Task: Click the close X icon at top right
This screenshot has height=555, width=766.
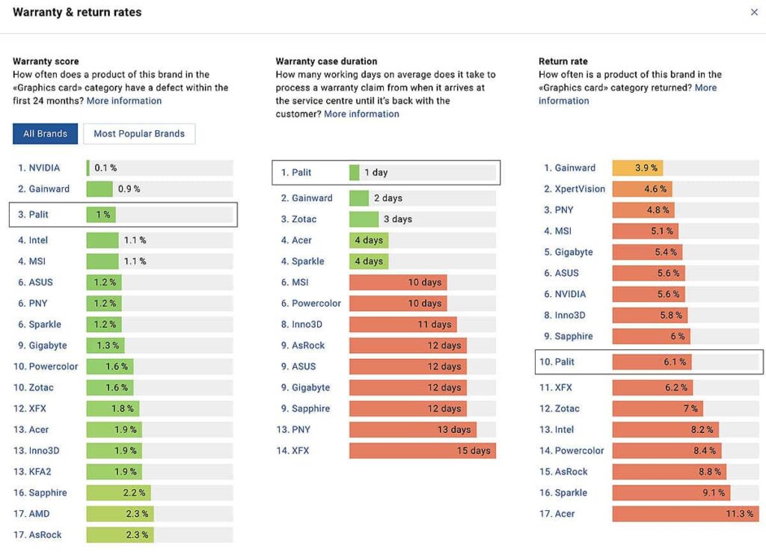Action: pos(754,12)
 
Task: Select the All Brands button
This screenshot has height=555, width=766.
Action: pos(45,134)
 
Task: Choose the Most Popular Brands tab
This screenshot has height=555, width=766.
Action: pos(139,134)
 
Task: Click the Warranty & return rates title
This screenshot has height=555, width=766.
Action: pos(77,12)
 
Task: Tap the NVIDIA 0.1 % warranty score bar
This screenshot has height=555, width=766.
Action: pos(88,168)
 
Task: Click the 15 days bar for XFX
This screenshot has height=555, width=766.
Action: pos(422,451)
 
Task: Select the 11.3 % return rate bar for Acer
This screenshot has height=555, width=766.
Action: pos(685,514)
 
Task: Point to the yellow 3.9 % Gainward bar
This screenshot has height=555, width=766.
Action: pos(637,168)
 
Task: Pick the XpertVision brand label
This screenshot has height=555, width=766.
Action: pos(580,189)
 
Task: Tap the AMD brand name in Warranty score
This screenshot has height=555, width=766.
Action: pos(39,514)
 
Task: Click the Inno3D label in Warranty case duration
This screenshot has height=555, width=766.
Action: pos(307,325)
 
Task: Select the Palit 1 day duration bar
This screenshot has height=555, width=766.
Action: pos(355,173)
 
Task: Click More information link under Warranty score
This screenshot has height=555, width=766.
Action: pos(124,101)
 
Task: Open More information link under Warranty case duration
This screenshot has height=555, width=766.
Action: pos(361,114)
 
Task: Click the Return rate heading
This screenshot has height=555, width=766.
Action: pos(563,61)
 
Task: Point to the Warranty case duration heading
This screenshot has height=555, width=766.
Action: pos(326,61)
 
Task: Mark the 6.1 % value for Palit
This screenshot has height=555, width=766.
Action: pos(675,362)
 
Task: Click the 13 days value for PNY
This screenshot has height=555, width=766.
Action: pos(455,430)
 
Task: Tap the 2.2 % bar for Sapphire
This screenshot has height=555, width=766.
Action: pos(118,493)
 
